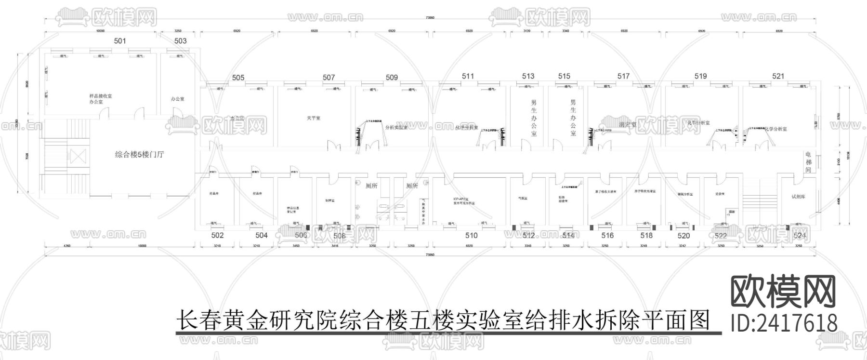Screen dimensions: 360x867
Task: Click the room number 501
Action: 120,41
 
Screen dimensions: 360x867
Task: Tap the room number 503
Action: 181,41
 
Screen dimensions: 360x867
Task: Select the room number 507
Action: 329,77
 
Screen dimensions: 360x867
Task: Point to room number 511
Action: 468,76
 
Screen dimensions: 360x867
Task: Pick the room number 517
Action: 623,76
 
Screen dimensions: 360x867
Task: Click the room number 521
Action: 778,76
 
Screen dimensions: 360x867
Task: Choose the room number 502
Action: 218,235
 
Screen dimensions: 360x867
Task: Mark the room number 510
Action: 472,235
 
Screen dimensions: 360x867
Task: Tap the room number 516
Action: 607,235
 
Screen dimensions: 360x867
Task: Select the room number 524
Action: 800,235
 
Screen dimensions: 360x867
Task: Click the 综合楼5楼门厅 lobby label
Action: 140,155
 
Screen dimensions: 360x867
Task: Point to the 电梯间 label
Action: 808,162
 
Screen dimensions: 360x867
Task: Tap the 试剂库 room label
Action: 798,197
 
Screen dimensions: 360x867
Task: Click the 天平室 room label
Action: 313,118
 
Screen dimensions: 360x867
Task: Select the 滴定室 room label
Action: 628,124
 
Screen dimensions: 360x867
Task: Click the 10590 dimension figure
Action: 101,31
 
